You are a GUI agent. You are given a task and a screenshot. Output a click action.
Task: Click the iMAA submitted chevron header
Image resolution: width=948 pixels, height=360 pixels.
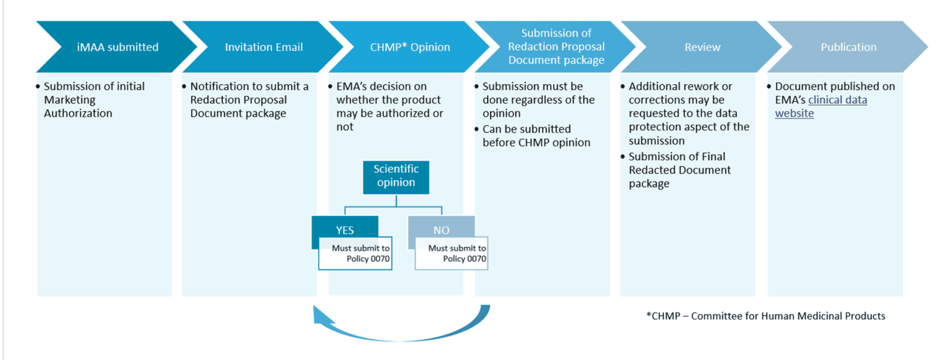click(x=117, y=47)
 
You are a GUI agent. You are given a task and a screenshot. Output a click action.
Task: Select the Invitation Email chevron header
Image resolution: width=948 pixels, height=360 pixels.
click(x=264, y=47)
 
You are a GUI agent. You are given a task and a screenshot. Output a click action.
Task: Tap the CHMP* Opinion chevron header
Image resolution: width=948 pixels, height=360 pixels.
click(x=409, y=47)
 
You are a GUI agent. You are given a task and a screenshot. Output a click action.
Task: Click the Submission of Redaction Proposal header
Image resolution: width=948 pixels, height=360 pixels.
click(x=555, y=47)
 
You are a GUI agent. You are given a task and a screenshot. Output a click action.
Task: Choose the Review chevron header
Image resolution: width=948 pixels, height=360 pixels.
click(x=702, y=47)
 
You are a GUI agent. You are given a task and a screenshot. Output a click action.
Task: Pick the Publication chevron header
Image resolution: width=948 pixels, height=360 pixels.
click(x=848, y=47)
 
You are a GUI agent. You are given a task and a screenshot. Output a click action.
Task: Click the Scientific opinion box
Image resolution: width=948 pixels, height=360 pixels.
click(x=396, y=176)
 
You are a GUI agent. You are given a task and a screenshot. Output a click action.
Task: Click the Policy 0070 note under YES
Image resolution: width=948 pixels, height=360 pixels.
click(x=355, y=254)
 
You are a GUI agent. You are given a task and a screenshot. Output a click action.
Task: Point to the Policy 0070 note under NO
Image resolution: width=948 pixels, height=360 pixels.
click(x=452, y=254)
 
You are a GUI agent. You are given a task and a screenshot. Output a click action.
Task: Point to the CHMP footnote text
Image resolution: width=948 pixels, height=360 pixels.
click(x=765, y=316)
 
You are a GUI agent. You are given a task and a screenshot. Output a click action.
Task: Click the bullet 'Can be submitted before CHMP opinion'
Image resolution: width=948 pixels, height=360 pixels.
click(x=536, y=136)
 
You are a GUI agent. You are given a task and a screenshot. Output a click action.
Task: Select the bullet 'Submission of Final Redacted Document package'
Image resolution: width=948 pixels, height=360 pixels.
click(x=679, y=170)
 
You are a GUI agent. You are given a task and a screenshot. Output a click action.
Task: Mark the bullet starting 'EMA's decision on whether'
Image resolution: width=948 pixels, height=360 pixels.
click(x=389, y=106)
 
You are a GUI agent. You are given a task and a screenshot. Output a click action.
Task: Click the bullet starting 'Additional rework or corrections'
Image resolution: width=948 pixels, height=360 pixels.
click(x=688, y=114)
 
